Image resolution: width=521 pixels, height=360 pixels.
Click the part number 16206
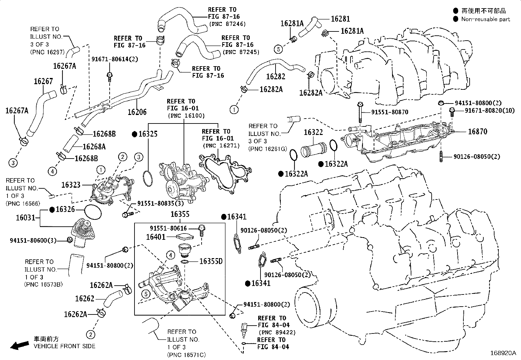pos(137,112)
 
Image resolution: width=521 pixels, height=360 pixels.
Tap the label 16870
pos(477,132)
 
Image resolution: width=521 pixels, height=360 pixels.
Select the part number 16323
pos(71,185)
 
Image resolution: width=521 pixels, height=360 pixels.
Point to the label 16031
pos(25,218)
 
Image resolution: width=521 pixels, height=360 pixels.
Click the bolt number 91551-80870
pos(389,112)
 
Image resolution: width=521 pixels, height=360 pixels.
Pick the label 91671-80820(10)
pos(490,110)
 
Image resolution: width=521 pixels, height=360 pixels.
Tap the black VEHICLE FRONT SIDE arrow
pos(20,345)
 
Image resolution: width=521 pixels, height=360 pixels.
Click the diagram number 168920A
pos(503,353)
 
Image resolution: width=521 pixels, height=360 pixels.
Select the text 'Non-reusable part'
pos(485,19)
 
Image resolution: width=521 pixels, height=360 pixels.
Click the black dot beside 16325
pos(134,134)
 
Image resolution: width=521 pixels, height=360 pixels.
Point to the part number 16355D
pos(211,261)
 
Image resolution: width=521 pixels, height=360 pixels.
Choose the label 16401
pos(155,237)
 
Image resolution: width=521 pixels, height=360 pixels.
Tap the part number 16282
pos(276,76)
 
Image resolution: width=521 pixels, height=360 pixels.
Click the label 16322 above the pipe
pos(313,132)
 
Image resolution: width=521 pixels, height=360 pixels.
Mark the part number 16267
pos(43,81)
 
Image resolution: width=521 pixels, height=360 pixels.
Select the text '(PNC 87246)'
pos(227,24)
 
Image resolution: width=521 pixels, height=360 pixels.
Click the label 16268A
pos(94,147)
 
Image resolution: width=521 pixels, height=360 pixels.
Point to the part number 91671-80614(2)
pos(115,59)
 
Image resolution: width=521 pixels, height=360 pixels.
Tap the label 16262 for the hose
pos(85,298)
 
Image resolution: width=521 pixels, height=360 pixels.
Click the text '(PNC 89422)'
pos(277,332)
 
